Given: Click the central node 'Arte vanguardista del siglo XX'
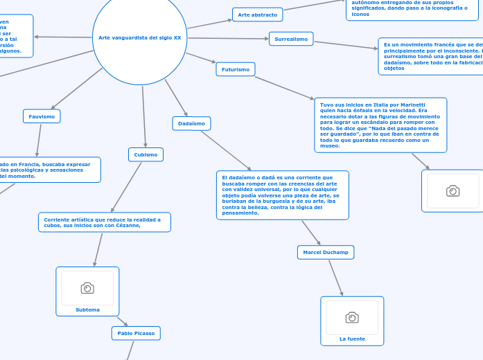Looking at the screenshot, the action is pos(139,37).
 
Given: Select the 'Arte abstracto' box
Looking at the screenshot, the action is pos(257,15).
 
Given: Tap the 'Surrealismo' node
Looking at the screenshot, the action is pos(291,39).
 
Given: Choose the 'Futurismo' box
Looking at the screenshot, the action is pos(236,69).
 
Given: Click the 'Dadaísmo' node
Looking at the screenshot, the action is pos(191,123).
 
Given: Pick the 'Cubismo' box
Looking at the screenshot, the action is pos(146,154).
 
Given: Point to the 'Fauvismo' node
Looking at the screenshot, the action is pos(42,116).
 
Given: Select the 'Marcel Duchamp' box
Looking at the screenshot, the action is pos(326,253).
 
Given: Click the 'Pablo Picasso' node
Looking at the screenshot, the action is pos(136,333).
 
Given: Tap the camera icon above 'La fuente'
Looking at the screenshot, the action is pos(352,317).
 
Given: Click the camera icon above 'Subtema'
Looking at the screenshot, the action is pos(87,288).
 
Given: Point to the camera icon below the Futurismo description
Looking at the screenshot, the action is pos(453,191).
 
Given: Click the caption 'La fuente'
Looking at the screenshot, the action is pos(352,339).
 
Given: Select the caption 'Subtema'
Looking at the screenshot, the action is pos(87,309).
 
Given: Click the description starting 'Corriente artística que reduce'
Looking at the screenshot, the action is pos(104,222).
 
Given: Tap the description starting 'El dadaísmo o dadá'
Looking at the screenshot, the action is pos(282,195).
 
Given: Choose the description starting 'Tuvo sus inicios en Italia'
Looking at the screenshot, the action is pos(380,125).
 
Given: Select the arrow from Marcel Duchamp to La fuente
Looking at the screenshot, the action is pos(335,278).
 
